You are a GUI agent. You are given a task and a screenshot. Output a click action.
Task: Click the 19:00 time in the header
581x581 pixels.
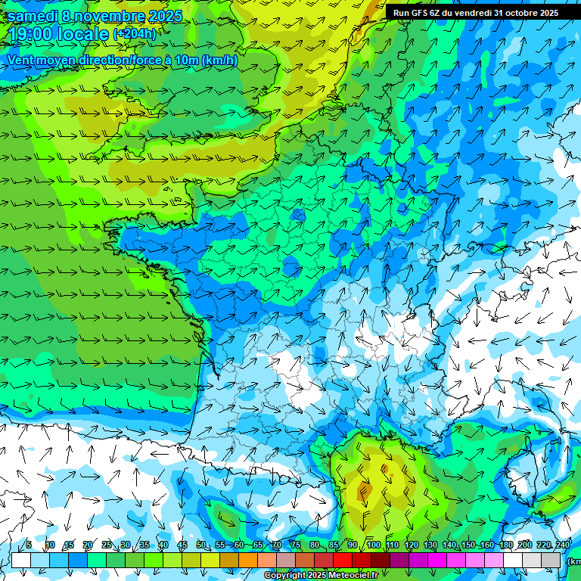(33, 34)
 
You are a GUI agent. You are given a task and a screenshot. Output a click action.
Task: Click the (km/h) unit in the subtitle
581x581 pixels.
(220, 60)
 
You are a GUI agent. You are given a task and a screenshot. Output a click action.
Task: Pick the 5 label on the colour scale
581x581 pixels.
(29, 545)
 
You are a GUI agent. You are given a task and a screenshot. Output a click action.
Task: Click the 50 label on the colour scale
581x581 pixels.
(200, 545)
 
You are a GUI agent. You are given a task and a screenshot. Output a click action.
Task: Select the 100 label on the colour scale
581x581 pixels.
(373, 545)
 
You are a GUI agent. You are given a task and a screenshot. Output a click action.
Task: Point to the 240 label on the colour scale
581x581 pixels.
(563, 545)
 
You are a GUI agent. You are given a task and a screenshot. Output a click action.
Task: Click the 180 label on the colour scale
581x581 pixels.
(506, 545)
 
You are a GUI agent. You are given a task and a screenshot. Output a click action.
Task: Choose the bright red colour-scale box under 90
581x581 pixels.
(343, 560)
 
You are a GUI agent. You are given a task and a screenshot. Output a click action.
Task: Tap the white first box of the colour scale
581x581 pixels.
(20, 560)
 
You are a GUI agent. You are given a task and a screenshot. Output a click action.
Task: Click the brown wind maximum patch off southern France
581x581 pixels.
(366, 492)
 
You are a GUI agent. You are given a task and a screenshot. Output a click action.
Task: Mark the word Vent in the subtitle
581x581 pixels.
(22, 60)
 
